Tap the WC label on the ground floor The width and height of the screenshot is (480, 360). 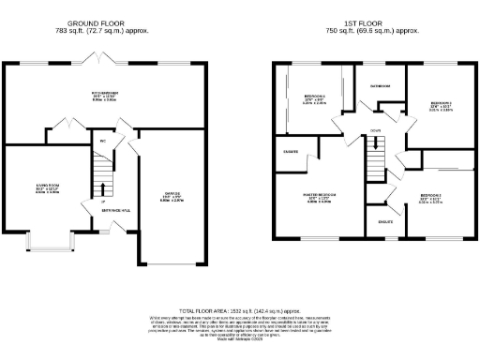[x=102, y=142]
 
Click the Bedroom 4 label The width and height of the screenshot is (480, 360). [x=315, y=98]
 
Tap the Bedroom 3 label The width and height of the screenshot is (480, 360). [x=441, y=106]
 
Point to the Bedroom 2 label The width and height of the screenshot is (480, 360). [x=431, y=199]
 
